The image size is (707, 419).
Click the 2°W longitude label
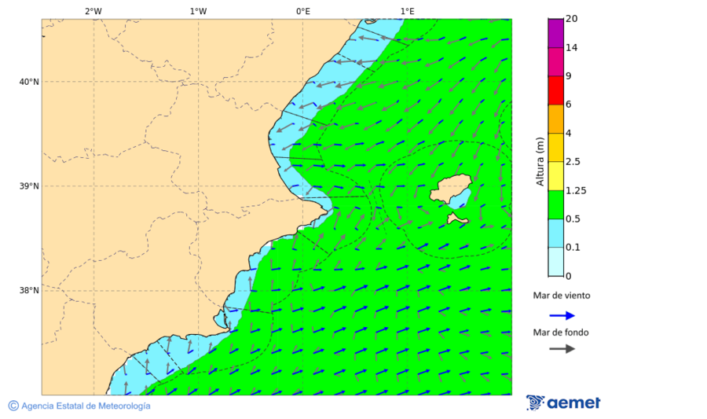tap(93, 11)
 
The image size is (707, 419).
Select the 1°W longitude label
tap(198, 11)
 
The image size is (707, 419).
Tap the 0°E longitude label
tap(302, 11)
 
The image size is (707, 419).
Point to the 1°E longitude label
tap(407, 11)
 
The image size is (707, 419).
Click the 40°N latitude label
tap(28, 82)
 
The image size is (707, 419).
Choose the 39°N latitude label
tap(28, 186)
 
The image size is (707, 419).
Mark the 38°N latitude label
tap(28, 290)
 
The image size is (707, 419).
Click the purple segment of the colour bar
tap(555, 33)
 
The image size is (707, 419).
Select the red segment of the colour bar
tap(555, 90)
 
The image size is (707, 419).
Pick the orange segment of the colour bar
tap(555, 119)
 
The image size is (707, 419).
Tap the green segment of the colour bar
tap(555, 204)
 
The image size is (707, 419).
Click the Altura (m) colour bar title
tap(540, 161)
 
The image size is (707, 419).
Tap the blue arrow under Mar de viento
tap(562, 315)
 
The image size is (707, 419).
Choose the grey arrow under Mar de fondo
tap(562, 349)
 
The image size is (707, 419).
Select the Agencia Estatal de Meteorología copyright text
tap(85, 406)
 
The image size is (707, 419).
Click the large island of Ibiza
tap(449, 190)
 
